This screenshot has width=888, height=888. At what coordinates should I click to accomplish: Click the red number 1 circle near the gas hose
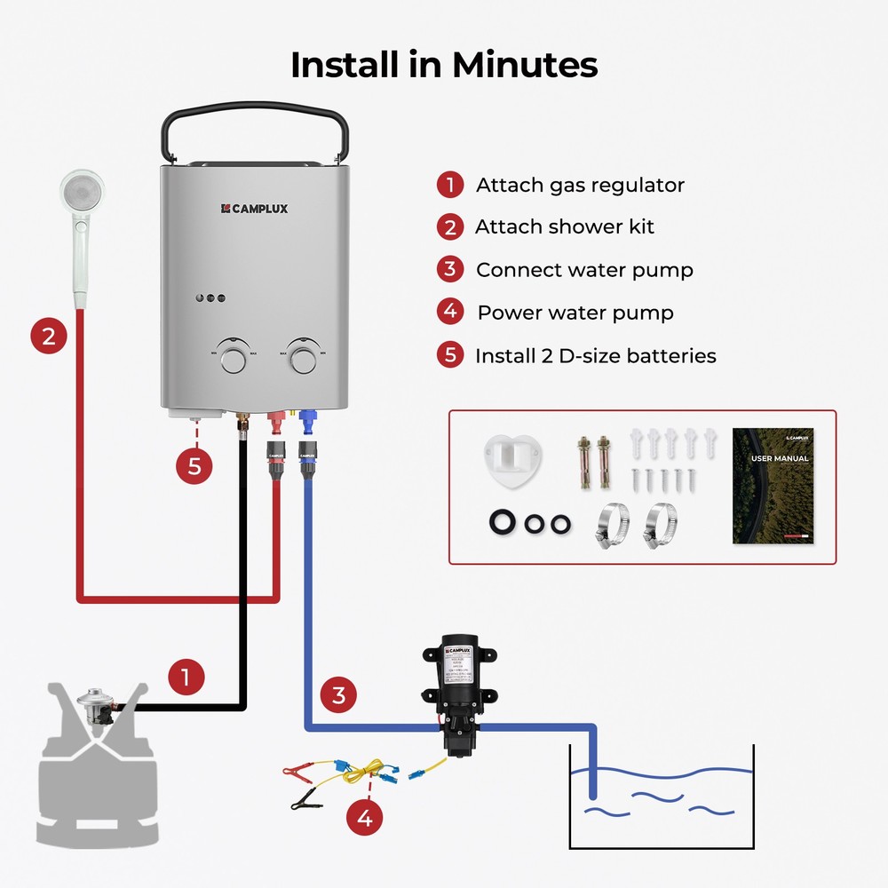pos(186,678)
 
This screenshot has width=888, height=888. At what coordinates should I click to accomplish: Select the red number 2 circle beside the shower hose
pos(49,337)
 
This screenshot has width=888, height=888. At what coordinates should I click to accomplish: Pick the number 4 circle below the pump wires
pos(365,818)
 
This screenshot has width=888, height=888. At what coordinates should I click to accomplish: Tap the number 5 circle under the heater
pos(194,464)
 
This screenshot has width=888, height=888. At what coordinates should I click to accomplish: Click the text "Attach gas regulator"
pos(580,185)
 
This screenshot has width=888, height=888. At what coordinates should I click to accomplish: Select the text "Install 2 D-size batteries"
pos(595,356)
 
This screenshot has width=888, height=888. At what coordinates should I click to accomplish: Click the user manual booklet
pos(773,486)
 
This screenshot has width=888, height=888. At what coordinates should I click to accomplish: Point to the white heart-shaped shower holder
pos(512,459)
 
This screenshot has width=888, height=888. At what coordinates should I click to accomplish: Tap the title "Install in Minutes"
pos(444,65)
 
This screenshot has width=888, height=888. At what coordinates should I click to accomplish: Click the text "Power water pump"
pos(575,313)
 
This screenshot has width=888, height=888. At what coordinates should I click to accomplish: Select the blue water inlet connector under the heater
pos(308,418)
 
